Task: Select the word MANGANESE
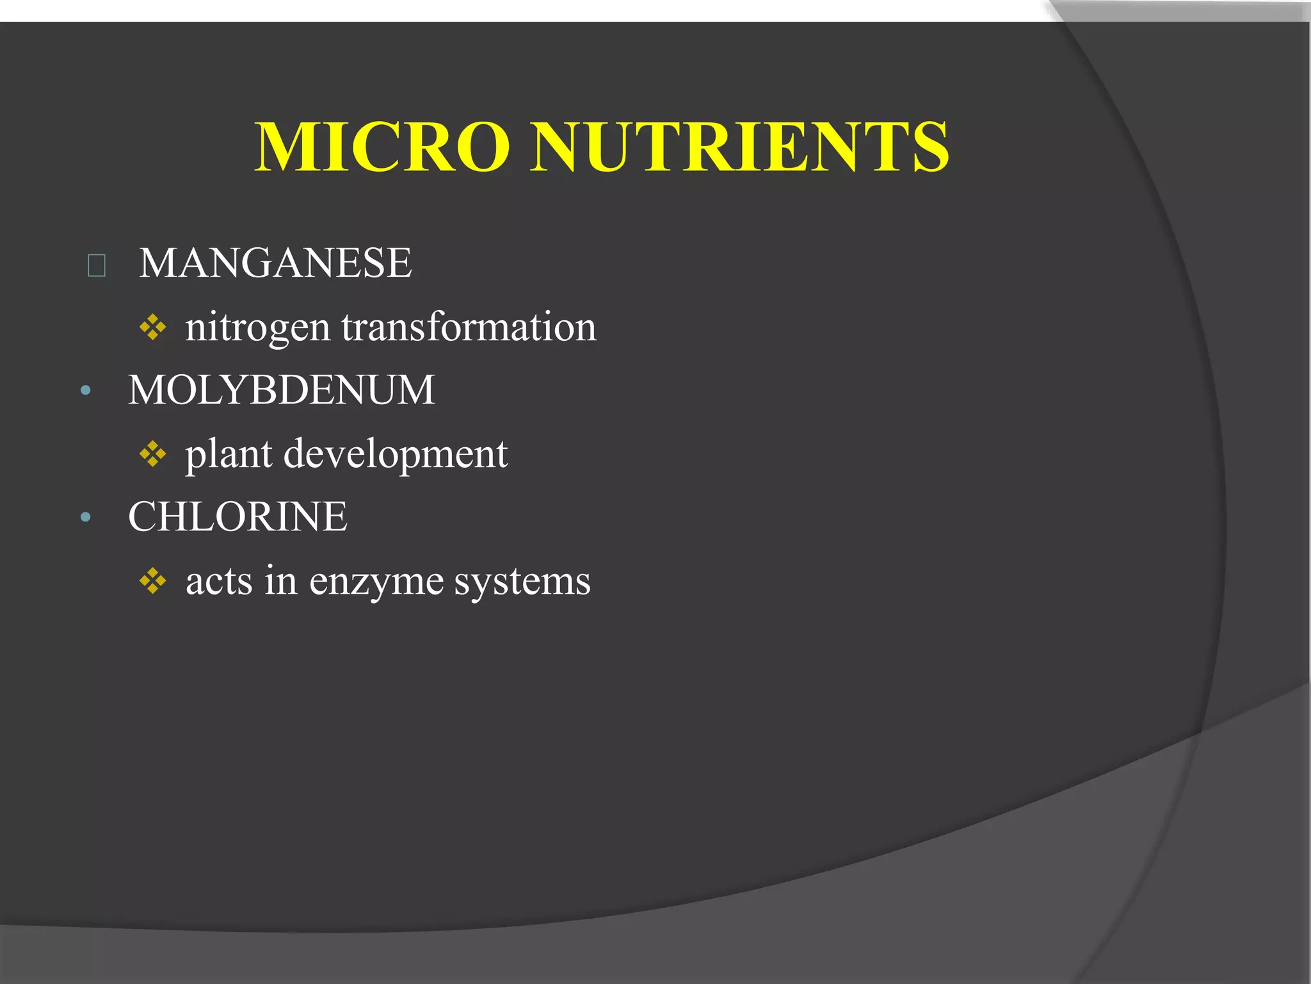pyautogui.click(x=275, y=263)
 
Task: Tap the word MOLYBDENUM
pyautogui.click(x=282, y=389)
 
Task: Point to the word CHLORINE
pyautogui.click(x=237, y=516)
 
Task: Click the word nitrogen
pyautogui.click(x=257, y=328)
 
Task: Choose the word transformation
pyautogui.click(x=469, y=327)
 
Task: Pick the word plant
pyautogui.click(x=229, y=455)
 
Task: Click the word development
pyautogui.click(x=396, y=455)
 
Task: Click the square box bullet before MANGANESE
pyautogui.click(x=97, y=265)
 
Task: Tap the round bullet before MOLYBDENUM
pyautogui.click(x=86, y=390)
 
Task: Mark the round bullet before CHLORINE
pyautogui.click(x=86, y=517)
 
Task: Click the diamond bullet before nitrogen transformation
pyautogui.click(x=153, y=328)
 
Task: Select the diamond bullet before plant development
pyautogui.click(x=153, y=455)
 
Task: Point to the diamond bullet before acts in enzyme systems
pyautogui.click(x=153, y=582)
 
